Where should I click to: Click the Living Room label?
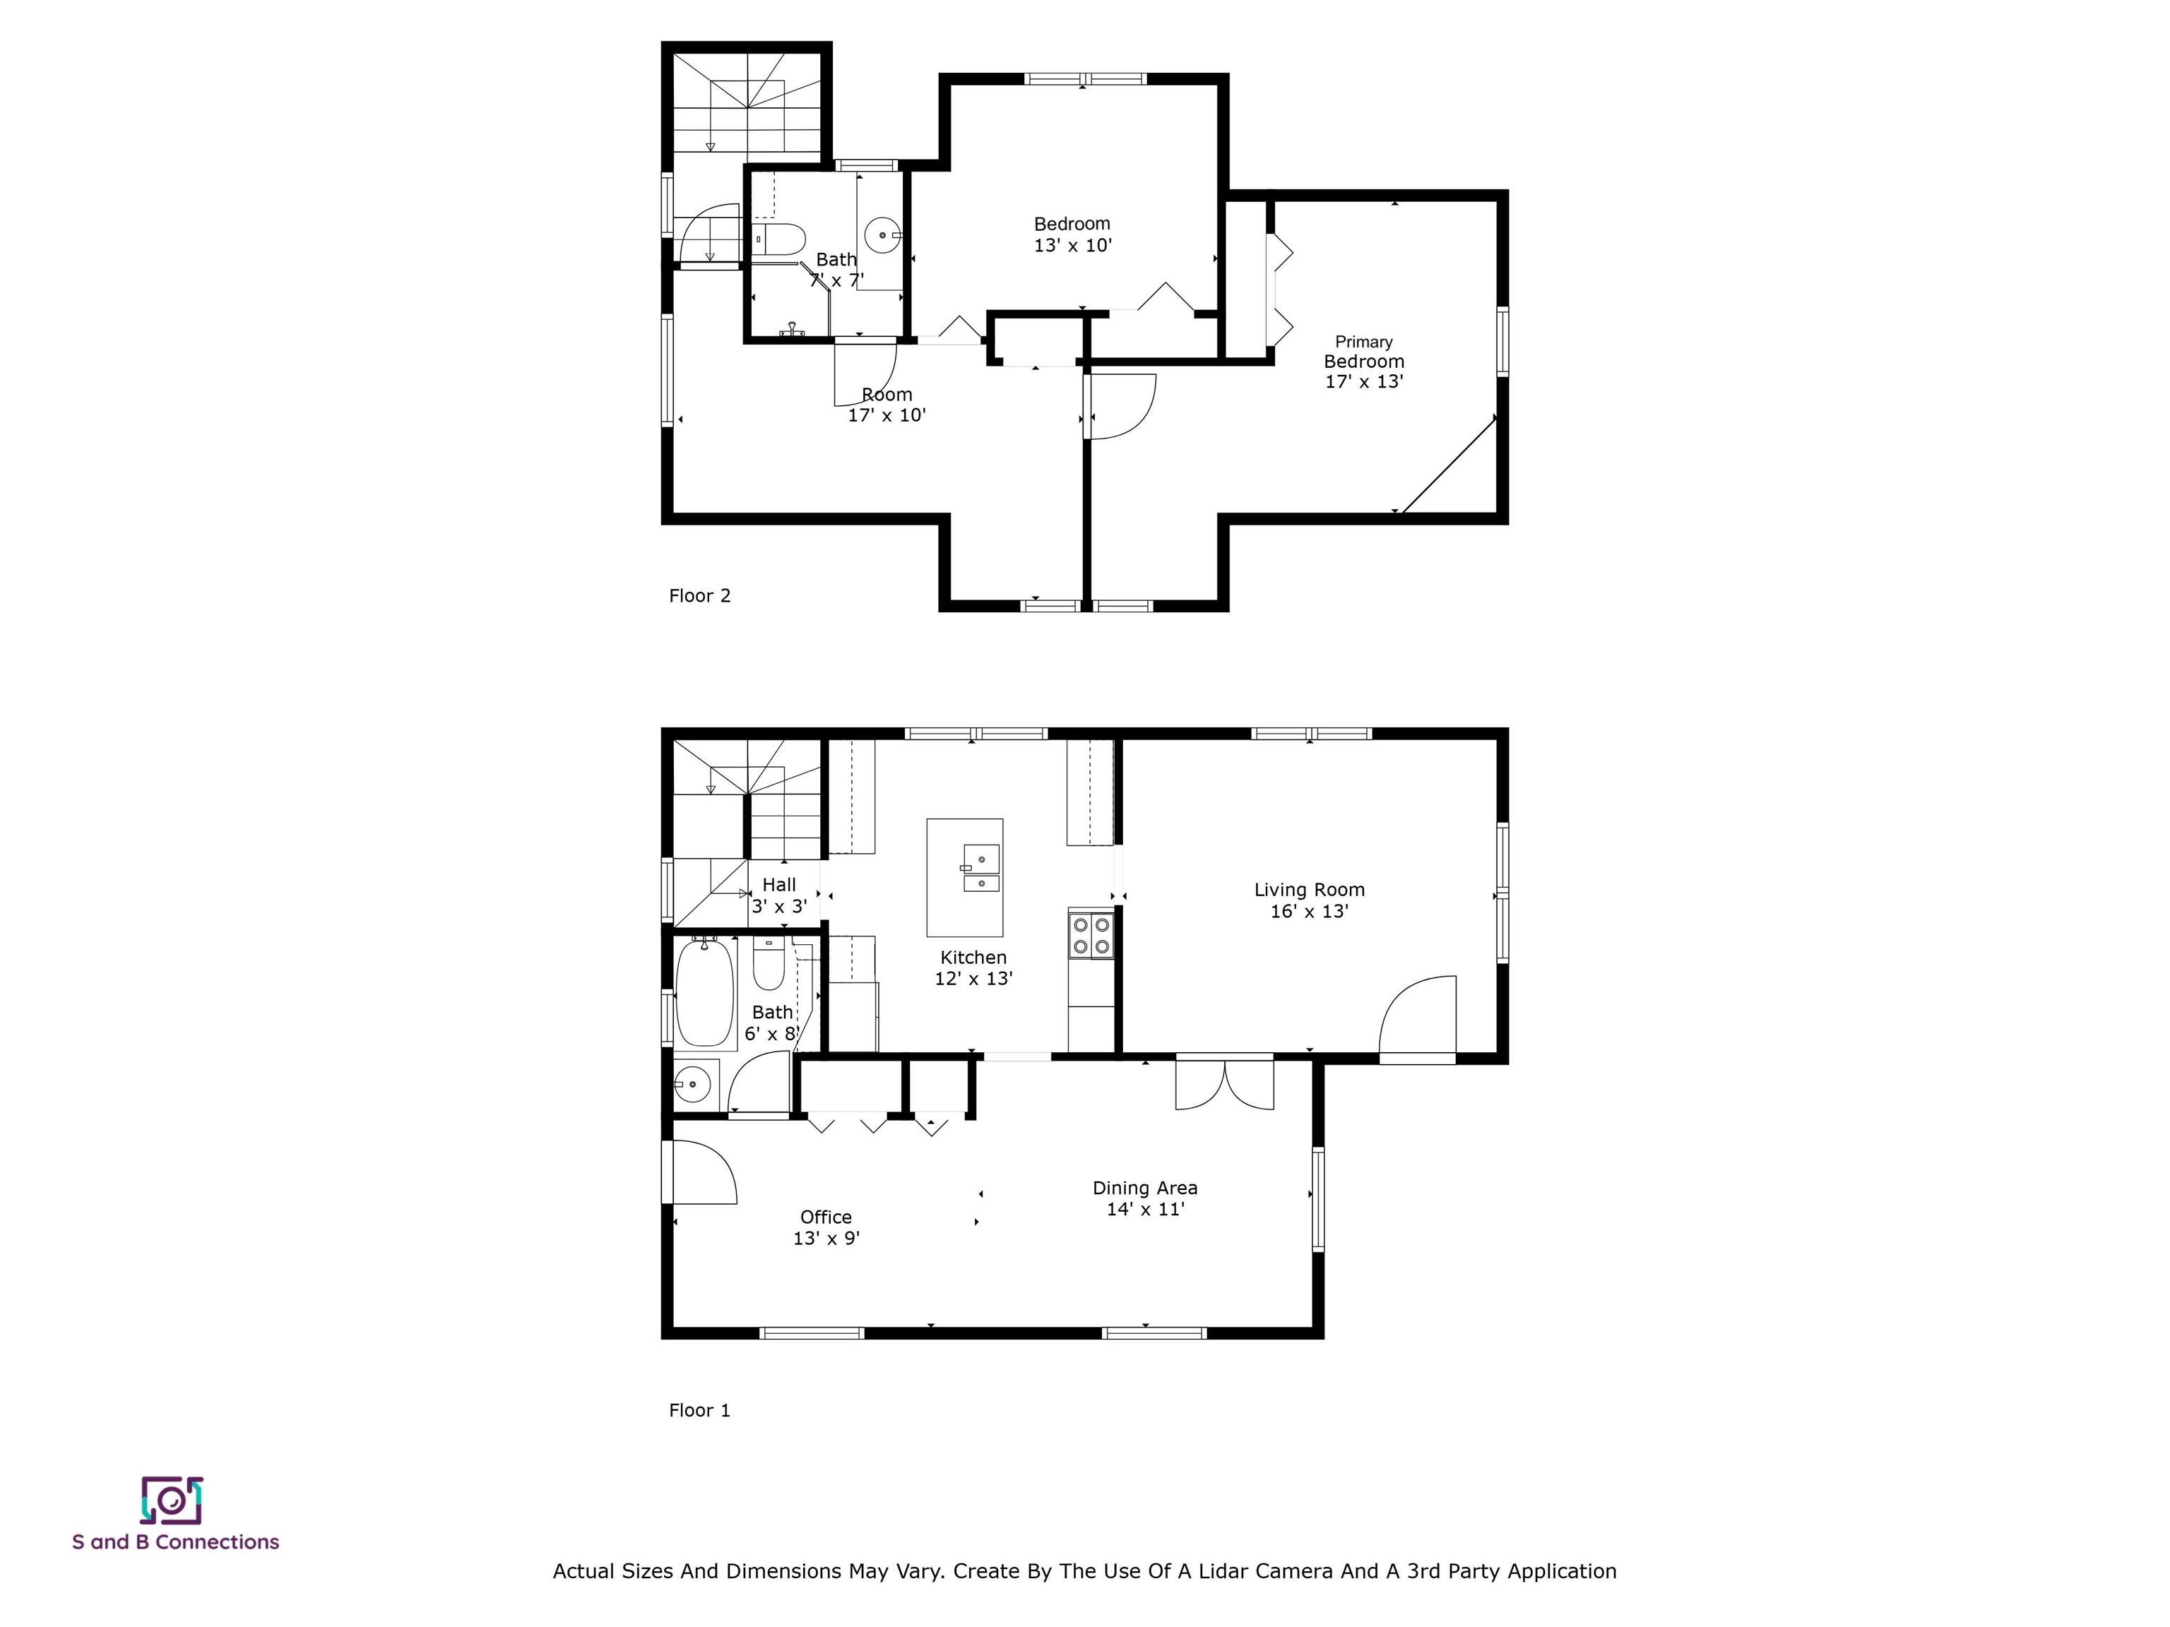(x=1309, y=890)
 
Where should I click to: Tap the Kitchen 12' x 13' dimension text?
(x=973, y=979)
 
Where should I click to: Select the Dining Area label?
(x=1145, y=1188)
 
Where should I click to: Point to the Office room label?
(x=826, y=1217)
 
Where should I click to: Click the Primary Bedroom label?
(x=1363, y=351)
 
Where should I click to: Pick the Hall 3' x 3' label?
(x=779, y=895)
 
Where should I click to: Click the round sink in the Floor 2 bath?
(x=883, y=235)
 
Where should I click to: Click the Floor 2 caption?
(x=699, y=595)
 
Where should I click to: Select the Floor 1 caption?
(x=699, y=1410)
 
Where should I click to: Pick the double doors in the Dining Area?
(x=1224, y=1082)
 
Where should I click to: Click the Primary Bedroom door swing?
(x=1120, y=406)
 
